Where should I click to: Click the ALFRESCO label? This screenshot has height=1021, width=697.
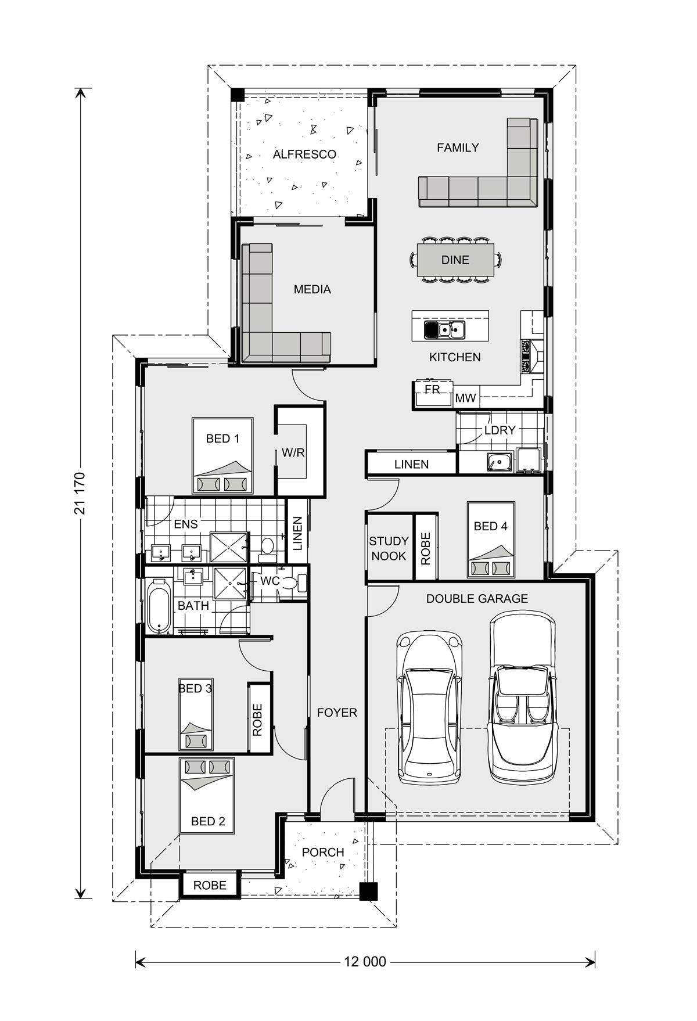[x=304, y=154]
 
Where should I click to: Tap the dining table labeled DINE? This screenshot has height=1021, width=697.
[x=455, y=260]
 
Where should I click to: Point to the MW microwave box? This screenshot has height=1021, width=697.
[x=465, y=398]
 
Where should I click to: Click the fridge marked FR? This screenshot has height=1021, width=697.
[x=432, y=393]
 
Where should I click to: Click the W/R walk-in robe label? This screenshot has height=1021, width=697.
[x=293, y=452]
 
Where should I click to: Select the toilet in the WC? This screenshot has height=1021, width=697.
[x=299, y=583]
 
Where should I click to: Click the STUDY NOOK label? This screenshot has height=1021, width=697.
[x=389, y=548]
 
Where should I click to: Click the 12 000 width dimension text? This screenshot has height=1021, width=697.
[x=365, y=962]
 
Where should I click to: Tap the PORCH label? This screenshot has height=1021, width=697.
[x=323, y=852]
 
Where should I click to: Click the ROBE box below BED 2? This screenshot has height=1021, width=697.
[x=210, y=885]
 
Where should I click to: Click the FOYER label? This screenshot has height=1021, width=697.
[x=337, y=713]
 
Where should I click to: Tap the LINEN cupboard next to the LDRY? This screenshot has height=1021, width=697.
[x=411, y=464]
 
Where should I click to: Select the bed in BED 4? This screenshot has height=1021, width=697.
[x=491, y=540]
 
